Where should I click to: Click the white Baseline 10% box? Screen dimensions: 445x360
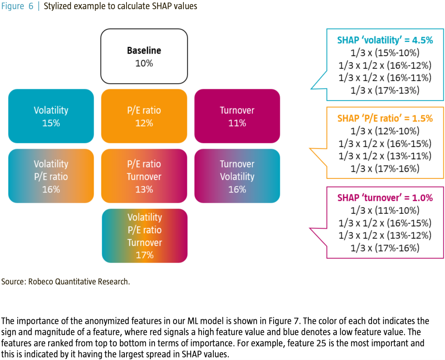click(x=144, y=56)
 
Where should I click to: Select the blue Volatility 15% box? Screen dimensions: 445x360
click(x=51, y=116)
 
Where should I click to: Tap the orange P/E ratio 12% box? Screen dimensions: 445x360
click(x=144, y=116)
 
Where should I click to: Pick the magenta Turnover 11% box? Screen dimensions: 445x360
click(x=237, y=116)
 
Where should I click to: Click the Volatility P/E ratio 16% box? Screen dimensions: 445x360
click(x=51, y=176)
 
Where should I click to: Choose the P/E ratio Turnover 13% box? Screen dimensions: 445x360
click(x=144, y=176)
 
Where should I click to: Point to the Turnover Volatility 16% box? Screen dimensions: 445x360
click(x=237, y=176)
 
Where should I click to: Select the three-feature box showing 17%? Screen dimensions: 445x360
click(x=145, y=236)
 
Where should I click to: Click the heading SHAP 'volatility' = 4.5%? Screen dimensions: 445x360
click(x=385, y=40)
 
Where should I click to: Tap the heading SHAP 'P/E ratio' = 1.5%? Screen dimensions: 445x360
click(x=385, y=118)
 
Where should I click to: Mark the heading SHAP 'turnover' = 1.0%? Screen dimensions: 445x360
click(x=385, y=197)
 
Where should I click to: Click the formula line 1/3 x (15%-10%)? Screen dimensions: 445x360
click(x=385, y=53)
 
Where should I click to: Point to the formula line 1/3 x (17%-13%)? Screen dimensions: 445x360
click(x=385, y=91)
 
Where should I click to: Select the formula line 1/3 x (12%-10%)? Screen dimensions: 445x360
click(x=385, y=131)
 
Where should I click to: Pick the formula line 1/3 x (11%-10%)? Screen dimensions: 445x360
click(x=385, y=210)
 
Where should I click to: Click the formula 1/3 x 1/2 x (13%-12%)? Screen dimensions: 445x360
click(x=385, y=236)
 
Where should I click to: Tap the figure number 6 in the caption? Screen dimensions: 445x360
click(x=30, y=6)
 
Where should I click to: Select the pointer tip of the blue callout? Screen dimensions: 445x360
click(x=311, y=89)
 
